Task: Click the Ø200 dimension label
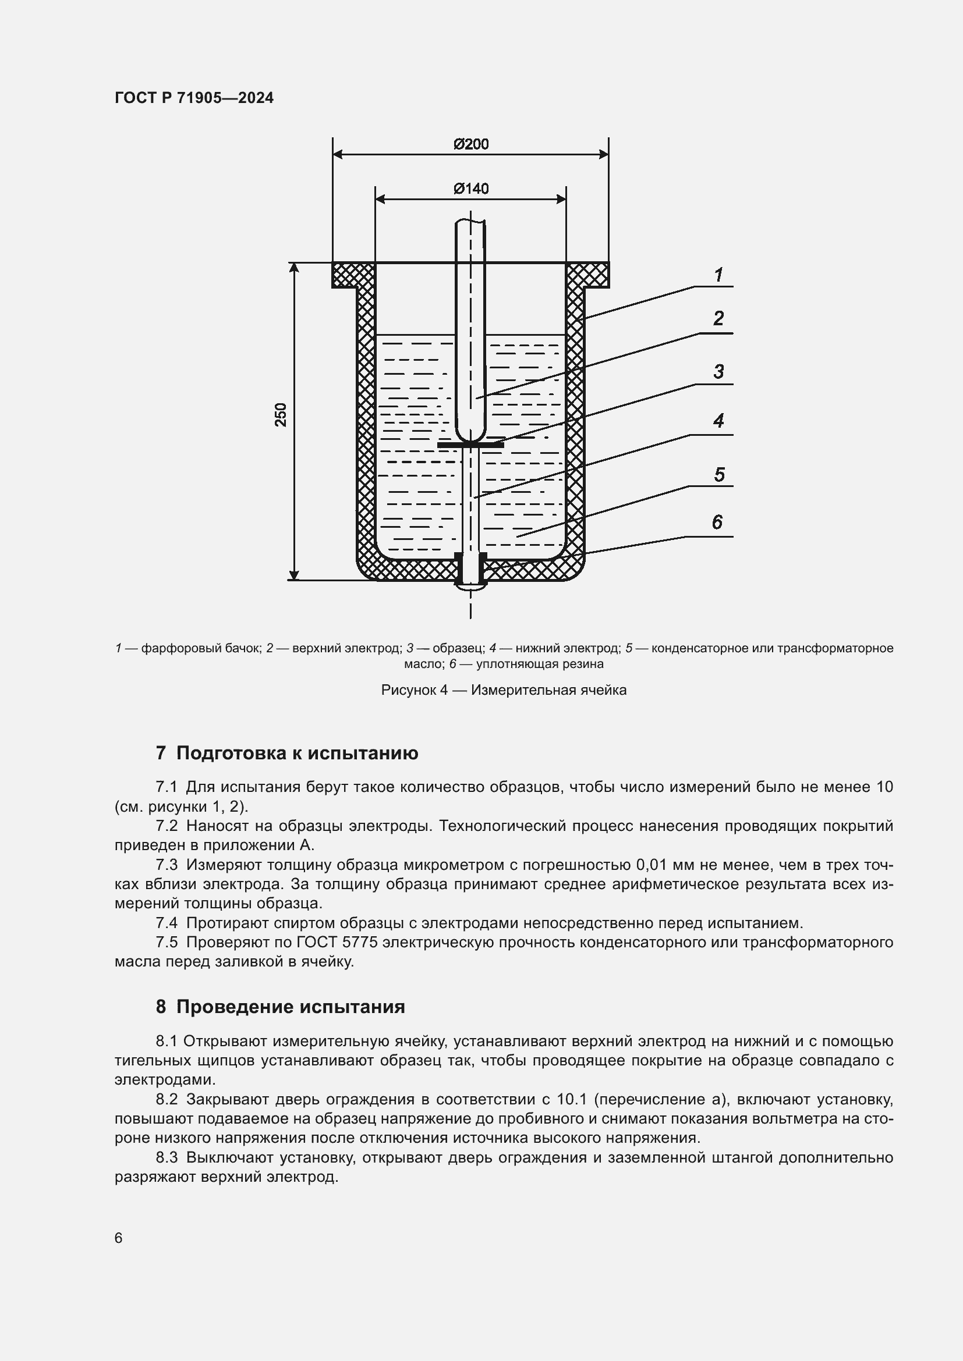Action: tap(471, 144)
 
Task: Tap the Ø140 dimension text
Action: tap(471, 189)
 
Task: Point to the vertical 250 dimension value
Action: tap(281, 414)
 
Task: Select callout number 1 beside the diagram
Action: tap(718, 275)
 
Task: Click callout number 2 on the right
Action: tap(718, 318)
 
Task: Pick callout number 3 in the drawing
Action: tap(718, 372)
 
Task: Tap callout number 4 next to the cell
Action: tap(718, 421)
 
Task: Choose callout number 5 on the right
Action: tap(718, 475)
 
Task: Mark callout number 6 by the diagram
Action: tap(717, 522)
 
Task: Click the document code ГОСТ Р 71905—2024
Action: tap(194, 98)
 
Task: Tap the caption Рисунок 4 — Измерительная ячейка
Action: tap(504, 691)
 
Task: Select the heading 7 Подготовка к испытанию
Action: tap(287, 754)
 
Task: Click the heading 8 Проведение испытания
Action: tap(281, 1007)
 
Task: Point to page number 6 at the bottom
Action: tap(119, 1238)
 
